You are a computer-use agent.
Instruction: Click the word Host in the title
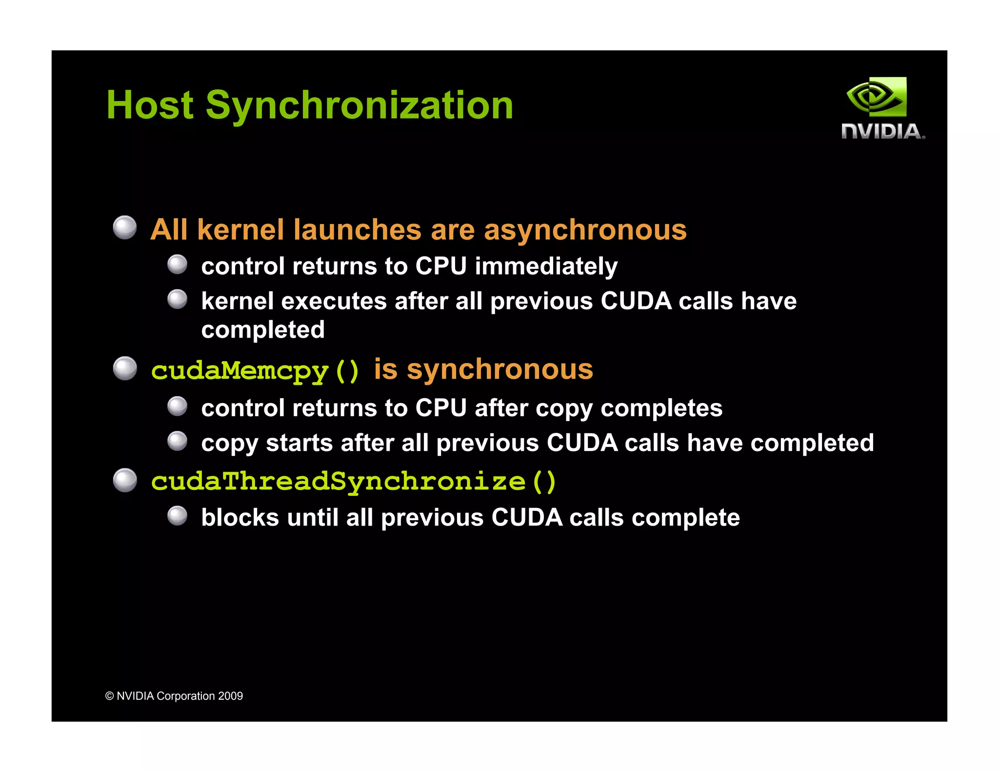coord(150,105)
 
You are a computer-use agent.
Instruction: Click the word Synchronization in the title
coord(360,105)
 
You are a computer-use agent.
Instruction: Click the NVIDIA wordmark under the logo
coord(882,132)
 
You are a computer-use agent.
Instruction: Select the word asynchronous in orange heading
coord(585,230)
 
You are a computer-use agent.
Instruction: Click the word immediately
coord(546,266)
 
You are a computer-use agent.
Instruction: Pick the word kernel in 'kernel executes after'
coord(237,301)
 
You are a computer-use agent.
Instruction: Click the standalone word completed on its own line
coord(263,330)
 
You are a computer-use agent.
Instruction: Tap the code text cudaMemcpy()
coord(255,371)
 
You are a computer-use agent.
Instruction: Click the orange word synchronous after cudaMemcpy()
coord(499,369)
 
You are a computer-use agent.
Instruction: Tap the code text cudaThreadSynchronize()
coord(354,482)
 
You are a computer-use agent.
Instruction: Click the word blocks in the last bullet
coord(240,518)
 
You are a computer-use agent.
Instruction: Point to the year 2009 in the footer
coord(230,696)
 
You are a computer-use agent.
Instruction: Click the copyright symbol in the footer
coord(110,696)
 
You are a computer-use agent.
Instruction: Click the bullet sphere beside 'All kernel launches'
coord(125,227)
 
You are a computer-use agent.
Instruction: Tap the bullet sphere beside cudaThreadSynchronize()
coord(125,480)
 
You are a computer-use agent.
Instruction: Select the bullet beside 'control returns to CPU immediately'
coord(177,264)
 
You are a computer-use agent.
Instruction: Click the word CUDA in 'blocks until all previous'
coord(527,518)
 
